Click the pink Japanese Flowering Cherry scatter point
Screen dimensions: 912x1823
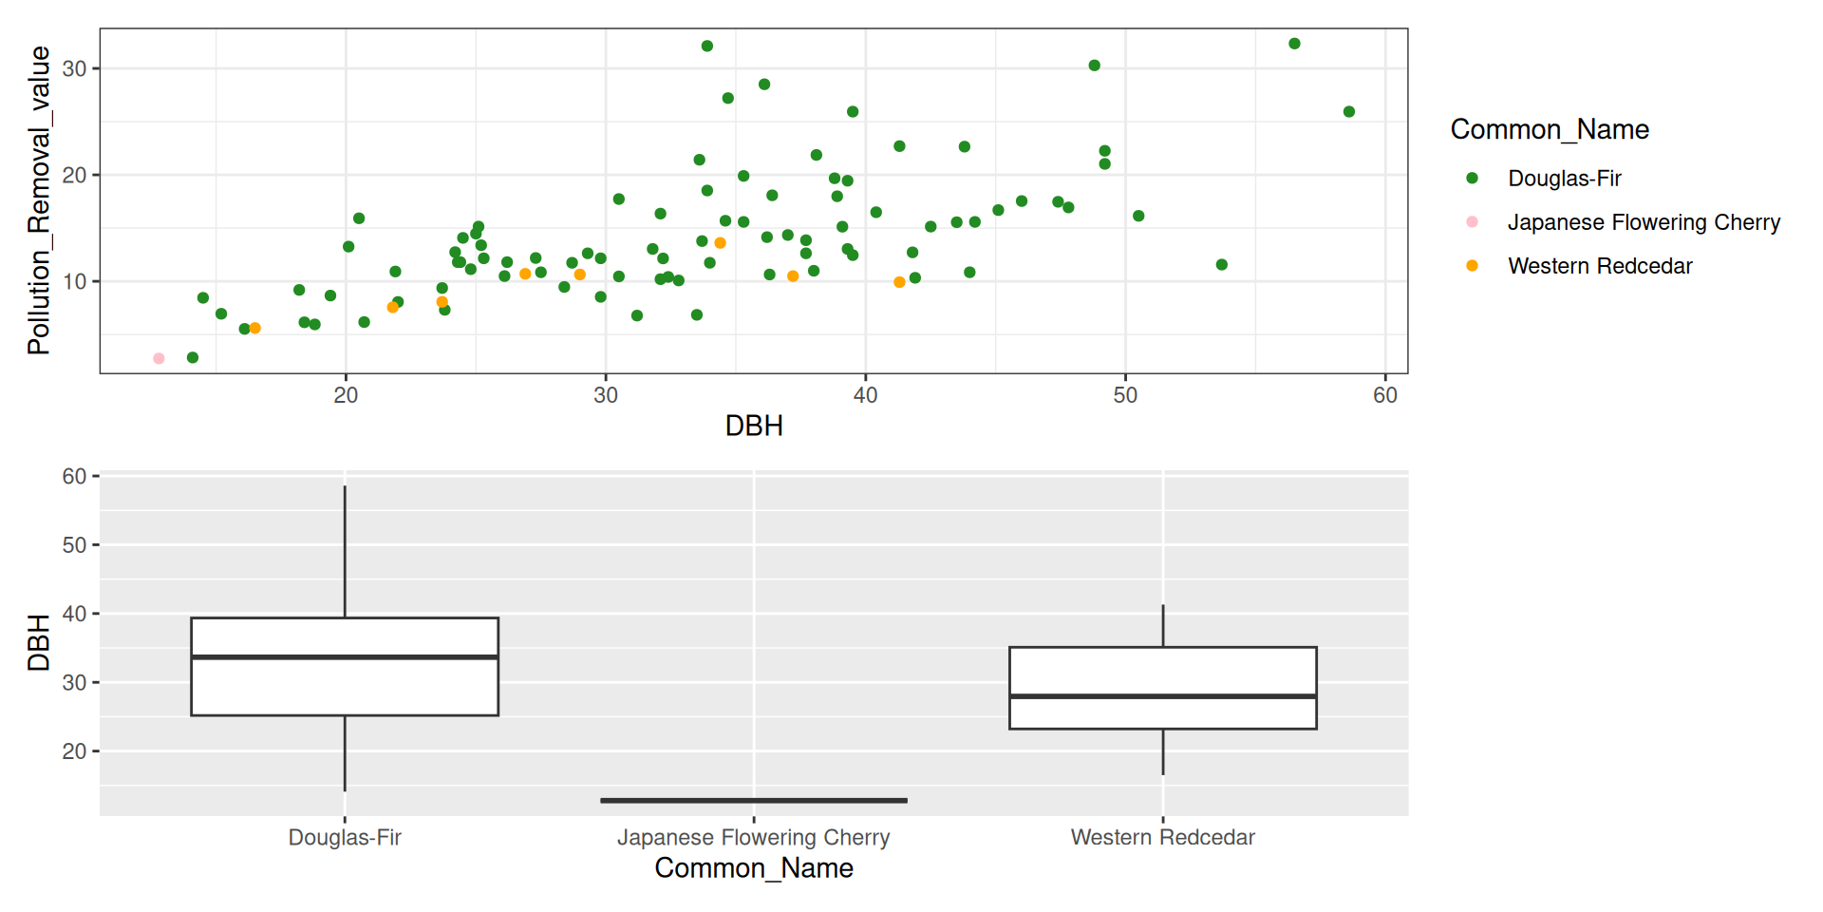coord(159,358)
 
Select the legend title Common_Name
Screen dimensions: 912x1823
coord(1549,129)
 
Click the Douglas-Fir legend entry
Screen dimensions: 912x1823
coord(1564,179)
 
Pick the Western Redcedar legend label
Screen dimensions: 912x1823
coord(1599,266)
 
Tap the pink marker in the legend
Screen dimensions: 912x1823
coord(1472,222)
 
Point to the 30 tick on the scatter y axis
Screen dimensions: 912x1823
coord(74,68)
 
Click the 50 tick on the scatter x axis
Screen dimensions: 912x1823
coord(1125,395)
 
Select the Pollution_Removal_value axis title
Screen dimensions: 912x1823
coord(39,200)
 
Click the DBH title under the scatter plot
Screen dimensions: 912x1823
coord(754,426)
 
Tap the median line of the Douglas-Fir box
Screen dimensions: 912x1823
coord(345,656)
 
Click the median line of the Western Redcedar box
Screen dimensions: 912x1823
coord(1163,696)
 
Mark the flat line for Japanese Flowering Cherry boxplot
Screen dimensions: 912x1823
coord(754,800)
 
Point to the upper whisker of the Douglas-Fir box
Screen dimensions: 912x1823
coord(345,551)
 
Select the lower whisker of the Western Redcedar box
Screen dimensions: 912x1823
coord(1163,751)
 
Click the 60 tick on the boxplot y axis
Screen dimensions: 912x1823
coord(74,476)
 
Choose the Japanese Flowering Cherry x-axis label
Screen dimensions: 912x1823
coord(754,837)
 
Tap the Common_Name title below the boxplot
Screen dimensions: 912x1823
coord(754,868)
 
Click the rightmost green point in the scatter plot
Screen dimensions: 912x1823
coord(1348,112)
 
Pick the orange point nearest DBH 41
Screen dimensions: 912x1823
coord(899,282)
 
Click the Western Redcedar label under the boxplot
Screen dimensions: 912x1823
coord(1163,837)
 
